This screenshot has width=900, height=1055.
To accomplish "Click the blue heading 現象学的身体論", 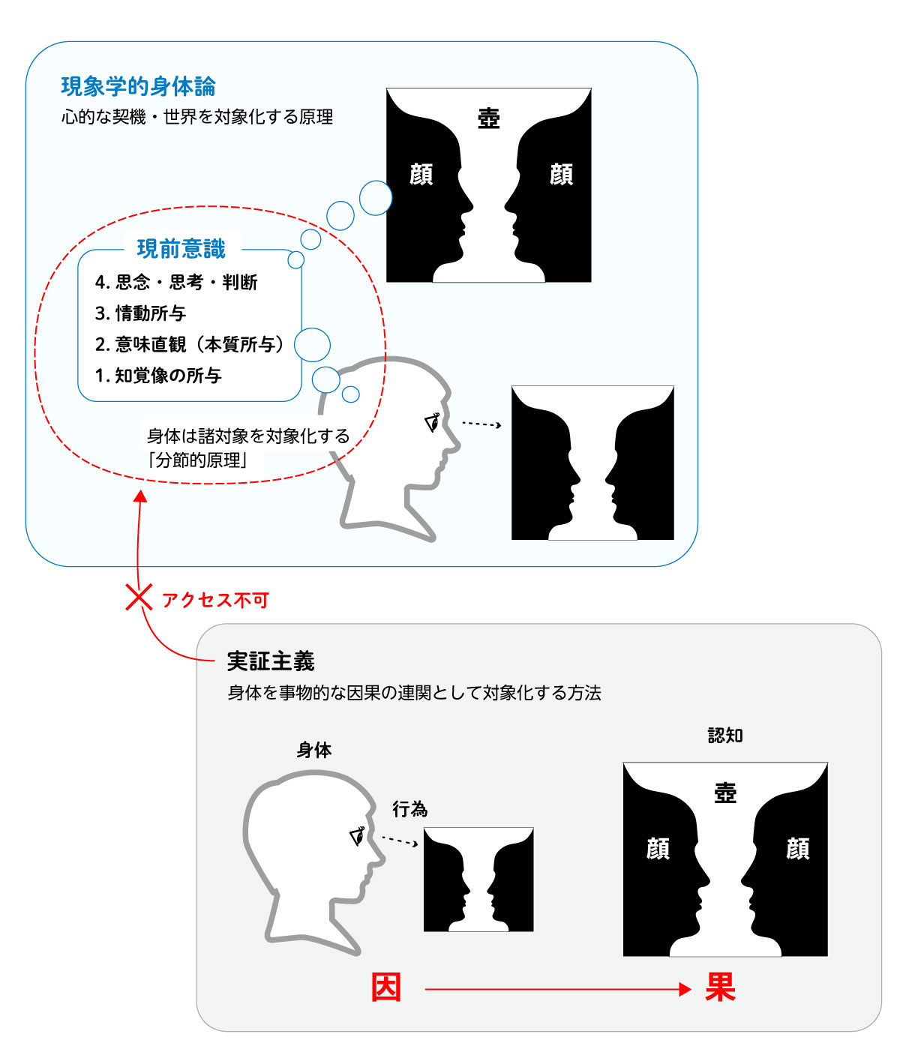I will pos(138,86).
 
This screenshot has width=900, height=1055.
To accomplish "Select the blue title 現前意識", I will pos(181,248).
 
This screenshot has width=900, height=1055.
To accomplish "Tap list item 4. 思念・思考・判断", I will pos(176,282).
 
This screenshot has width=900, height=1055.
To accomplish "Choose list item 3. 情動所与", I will pos(140,313).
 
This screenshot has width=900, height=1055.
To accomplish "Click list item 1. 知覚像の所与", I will pos(158,376).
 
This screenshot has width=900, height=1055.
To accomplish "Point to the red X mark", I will pos(139,598).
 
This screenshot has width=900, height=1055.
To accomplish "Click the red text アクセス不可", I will pos(215,600).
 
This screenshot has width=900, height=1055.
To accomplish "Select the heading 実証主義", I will pos(271,661).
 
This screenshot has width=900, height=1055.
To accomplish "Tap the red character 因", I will pos(386,988).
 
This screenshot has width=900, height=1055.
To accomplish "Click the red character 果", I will pos(720,988).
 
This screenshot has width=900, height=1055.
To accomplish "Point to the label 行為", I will pos(410,809).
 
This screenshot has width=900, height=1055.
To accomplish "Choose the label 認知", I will pos(725,736).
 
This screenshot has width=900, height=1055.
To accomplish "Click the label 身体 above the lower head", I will pos(314,750).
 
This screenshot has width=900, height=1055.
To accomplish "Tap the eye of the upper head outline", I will pos(433,423).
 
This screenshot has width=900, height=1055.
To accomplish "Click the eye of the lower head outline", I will pos(358,835).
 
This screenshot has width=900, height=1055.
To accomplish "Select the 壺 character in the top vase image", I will pos(489,118).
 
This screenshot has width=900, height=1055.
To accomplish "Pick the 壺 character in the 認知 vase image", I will pos(725,793).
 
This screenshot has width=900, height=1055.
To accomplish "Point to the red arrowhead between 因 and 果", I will pos(684,989).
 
